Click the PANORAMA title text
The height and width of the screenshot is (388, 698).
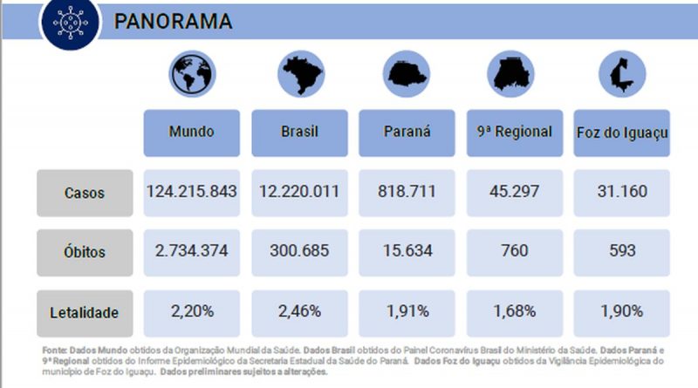click(x=173, y=21)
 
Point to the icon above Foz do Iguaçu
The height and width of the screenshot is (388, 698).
click(x=622, y=73)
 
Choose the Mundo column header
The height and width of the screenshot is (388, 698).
click(x=192, y=133)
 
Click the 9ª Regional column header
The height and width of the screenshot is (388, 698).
click(x=515, y=133)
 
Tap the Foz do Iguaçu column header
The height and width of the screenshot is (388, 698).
click(x=622, y=133)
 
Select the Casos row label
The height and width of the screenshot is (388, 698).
click(x=85, y=193)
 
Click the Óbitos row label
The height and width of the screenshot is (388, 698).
click(x=85, y=252)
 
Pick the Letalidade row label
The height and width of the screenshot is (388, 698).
click(x=85, y=311)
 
